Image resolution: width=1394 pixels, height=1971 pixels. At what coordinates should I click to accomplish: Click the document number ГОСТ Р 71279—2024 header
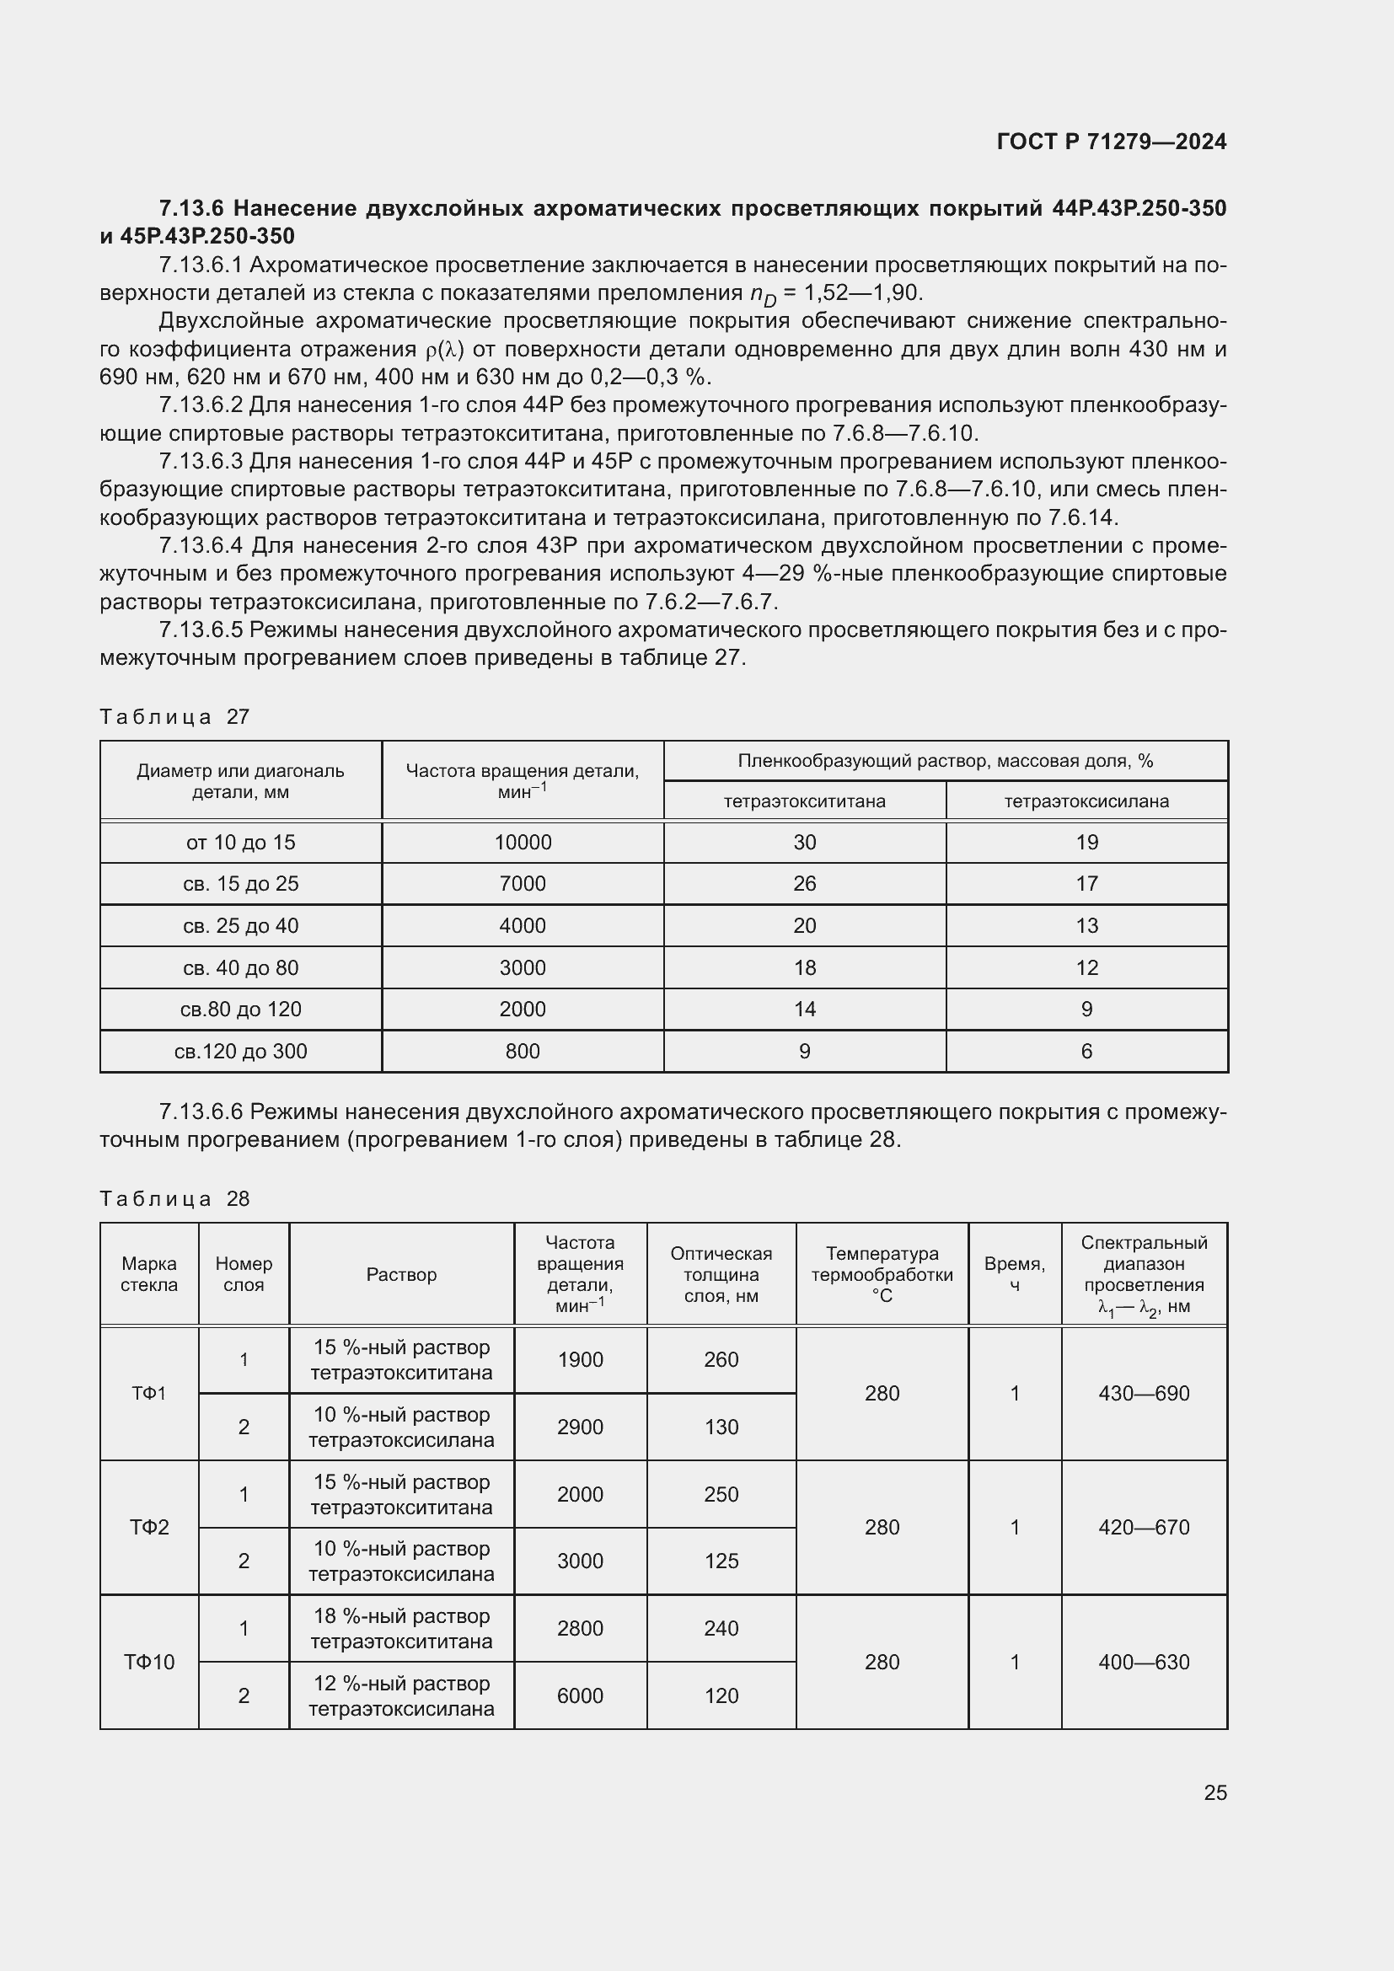coord(1111,142)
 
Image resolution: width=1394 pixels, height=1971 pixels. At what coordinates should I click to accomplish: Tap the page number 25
coord(1214,1792)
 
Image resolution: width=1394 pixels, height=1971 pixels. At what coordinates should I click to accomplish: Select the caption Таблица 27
coord(174,717)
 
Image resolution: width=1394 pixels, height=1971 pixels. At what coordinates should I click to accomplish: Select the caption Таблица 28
coord(174,1198)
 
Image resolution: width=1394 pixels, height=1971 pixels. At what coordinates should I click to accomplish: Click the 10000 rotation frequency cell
coord(523,842)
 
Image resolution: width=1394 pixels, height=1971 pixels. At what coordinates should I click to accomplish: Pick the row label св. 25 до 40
coord(240,925)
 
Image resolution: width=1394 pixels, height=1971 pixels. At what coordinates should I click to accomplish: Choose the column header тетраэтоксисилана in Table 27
coord(1086,801)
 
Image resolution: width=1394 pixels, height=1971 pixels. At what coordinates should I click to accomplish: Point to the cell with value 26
coord(804,883)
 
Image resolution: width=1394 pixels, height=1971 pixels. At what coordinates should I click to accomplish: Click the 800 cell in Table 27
coord(523,1051)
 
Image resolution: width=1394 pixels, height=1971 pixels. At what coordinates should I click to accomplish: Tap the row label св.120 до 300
coord(240,1051)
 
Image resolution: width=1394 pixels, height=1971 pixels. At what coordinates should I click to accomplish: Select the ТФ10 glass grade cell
coord(149,1662)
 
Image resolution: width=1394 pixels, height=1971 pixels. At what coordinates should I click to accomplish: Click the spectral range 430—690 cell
coord(1144,1393)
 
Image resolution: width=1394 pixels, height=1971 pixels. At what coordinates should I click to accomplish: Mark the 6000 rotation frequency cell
coord(580,1695)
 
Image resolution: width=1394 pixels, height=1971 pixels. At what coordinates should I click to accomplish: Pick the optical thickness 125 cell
coord(721,1561)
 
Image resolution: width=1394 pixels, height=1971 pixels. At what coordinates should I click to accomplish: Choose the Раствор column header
coord(401,1275)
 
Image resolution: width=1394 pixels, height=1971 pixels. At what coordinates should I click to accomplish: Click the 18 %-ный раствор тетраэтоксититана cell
coord(401,1629)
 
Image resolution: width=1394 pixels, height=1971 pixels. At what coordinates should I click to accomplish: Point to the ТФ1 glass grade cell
coord(149,1393)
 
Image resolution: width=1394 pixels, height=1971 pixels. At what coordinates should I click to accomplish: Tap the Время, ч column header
coord(1015,1275)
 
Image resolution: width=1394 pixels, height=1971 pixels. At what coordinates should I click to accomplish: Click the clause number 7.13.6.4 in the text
coord(201,546)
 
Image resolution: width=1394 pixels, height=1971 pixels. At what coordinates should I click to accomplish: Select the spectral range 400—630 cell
coord(1144,1662)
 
